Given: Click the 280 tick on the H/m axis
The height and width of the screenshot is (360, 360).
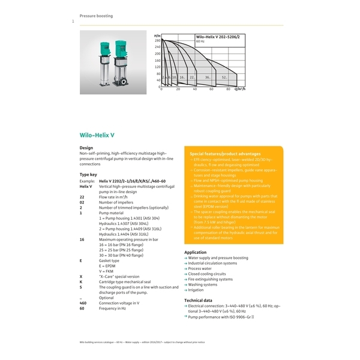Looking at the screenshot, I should click(x=158, y=40).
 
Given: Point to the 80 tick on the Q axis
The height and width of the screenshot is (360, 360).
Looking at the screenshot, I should click(x=227, y=89).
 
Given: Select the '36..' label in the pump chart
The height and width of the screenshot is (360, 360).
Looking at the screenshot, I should click(x=207, y=77).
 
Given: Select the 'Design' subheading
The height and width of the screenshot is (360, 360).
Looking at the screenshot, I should click(x=86, y=147).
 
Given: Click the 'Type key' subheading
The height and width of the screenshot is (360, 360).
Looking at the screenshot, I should click(x=89, y=174).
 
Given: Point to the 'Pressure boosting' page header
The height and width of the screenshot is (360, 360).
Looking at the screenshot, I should click(x=96, y=16).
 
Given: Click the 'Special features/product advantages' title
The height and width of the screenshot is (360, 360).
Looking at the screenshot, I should click(x=225, y=154).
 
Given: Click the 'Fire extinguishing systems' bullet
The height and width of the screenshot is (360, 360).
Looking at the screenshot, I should click(x=210, y=279).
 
